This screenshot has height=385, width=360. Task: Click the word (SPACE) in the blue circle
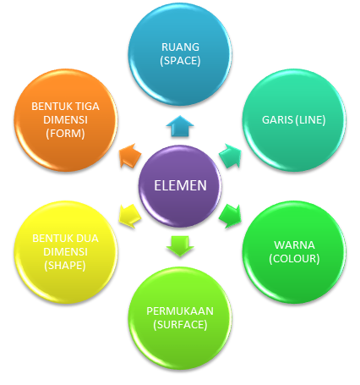(180, 61)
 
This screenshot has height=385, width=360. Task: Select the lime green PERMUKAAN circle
(180, 316)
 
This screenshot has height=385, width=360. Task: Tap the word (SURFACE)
(180, 323)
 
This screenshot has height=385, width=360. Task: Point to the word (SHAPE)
(59, 266)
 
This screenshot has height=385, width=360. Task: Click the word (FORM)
(59, 133)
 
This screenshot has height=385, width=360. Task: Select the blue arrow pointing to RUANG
(180, 127)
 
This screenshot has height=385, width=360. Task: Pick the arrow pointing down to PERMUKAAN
(180, 245)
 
